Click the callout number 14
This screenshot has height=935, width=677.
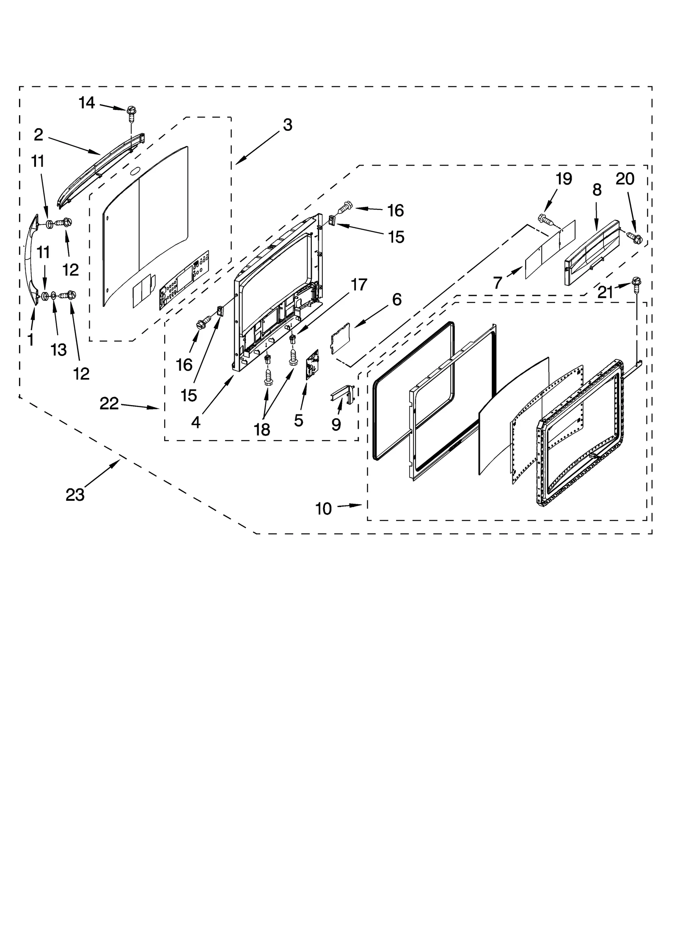[x=87, y=103]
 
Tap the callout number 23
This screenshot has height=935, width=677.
[x=75, y=494]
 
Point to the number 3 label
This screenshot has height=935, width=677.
[x=288, y=125]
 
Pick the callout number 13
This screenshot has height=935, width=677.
[x=59, y=350]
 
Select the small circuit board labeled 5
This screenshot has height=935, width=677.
[x=312, y=364]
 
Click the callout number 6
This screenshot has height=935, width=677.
[x=396, y=300]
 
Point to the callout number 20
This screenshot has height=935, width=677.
[x=625, y=179]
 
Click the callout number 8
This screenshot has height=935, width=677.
[x=597, y=190]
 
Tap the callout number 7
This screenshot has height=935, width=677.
[x=498, y=283]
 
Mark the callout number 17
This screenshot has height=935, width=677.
[x=358, y=285]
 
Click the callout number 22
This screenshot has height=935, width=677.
[x=109, y=404]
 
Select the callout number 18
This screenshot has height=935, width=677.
[x=262, y=430]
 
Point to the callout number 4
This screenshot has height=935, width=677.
[x=195, y=422]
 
